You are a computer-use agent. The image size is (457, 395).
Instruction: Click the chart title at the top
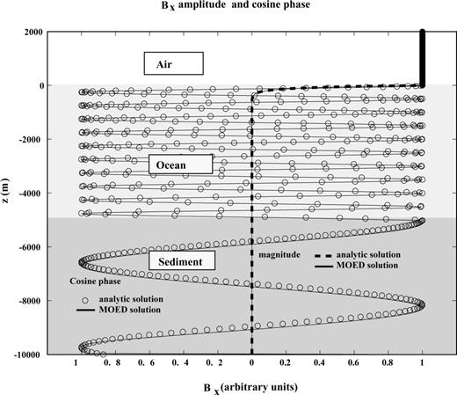coord(236,5)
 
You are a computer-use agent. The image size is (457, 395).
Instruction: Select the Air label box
coord(174,63)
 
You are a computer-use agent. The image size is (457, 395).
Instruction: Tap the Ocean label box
coord(180,165)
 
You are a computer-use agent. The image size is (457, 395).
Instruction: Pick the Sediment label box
coord(182,260)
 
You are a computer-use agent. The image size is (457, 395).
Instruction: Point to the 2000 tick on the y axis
coord(33,32)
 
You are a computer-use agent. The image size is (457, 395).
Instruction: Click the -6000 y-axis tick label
coord(29,246)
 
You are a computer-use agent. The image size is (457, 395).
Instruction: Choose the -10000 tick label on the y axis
coord(27,355)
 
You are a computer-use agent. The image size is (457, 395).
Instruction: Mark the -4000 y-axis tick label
coord(29,193)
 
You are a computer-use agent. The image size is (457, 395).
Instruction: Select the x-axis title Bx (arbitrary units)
coord(250,388)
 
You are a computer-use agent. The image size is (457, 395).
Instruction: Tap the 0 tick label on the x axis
coord(251,363)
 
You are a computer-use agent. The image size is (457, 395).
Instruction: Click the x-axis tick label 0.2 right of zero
coord(285,363)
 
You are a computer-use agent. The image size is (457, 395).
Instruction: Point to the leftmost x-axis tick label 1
coord(76,363)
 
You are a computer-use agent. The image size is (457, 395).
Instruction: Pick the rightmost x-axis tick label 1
coord(422,363)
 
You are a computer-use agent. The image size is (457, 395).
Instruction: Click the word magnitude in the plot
coord(279,254)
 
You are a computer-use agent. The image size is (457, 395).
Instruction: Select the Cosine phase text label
coord(95,282)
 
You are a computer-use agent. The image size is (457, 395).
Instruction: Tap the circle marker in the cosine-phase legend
coord(85,300)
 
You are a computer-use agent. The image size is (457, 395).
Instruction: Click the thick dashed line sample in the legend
coord(323,256)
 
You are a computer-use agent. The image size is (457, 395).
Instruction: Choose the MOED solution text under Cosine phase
coord(130,310)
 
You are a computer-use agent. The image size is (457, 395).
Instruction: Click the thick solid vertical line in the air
coord(423,59)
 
